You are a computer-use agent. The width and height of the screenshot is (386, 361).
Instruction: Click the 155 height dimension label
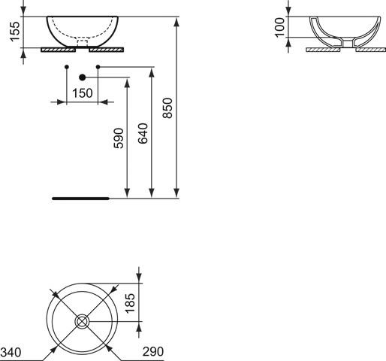click(14, 32)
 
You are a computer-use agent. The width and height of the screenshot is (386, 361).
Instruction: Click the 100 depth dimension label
click(279, 27)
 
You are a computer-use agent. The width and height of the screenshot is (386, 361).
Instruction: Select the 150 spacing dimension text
click(83, 93)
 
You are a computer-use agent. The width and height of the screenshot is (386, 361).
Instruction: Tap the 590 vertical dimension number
click(119, 138)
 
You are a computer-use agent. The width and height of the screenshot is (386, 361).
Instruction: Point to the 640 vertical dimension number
click(143, 133)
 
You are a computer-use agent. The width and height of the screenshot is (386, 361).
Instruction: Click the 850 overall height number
click(167, 108)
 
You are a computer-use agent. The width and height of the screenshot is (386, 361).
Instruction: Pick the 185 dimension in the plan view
click(130, 303)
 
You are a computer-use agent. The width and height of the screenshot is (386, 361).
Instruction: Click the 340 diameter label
click(11, 352)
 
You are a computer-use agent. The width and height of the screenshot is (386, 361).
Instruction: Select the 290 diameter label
click(153, 351)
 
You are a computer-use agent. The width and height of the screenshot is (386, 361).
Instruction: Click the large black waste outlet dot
click(82, 77)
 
